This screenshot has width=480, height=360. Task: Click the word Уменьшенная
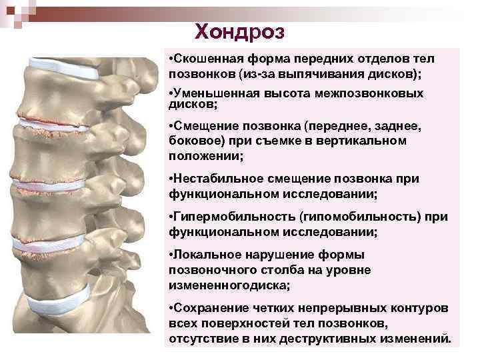213,93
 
